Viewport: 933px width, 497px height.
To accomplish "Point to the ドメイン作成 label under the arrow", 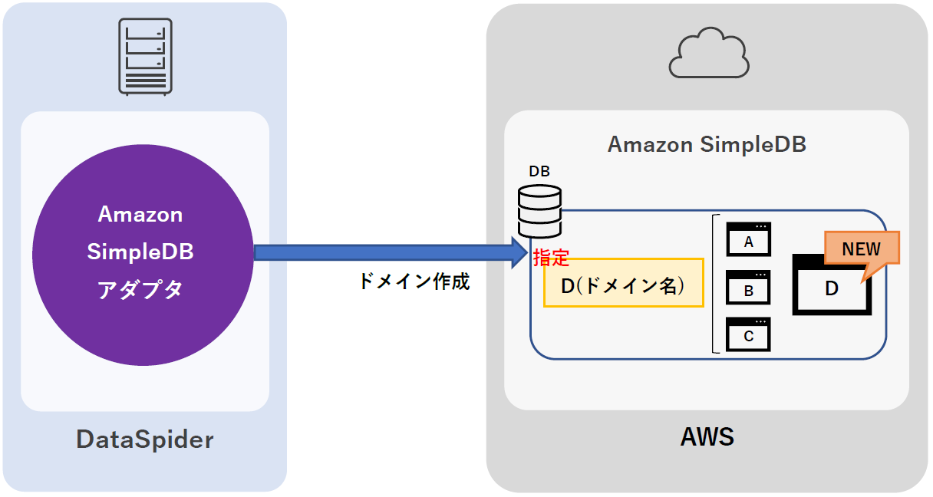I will (414, 281).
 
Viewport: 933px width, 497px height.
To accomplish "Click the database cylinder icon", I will (539, 211).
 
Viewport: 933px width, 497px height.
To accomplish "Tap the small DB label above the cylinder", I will (539, 171).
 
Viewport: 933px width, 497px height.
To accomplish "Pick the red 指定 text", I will (551, 257).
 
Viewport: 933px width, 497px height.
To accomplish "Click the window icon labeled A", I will (748, 239).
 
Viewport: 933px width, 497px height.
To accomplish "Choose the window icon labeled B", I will (748, 288).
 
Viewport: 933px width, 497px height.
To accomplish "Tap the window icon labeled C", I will (748, 334).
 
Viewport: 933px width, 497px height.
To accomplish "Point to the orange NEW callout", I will (861, 249).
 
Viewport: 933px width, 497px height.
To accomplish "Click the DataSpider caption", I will (145, 439).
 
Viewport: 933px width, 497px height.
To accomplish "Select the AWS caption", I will (707, 437).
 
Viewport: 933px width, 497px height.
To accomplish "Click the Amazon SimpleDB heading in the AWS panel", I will (707, 144).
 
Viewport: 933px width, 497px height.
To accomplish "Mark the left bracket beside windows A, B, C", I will (716, 284).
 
